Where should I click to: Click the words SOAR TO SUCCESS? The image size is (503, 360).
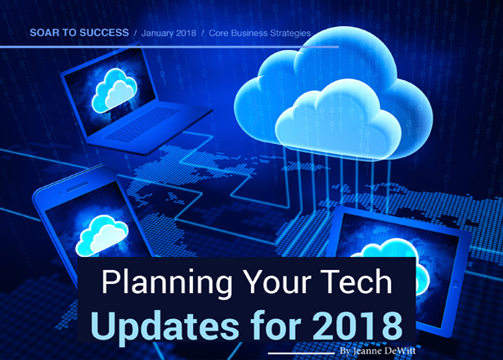(79, 33)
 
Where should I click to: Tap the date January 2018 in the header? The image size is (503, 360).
(168, 33)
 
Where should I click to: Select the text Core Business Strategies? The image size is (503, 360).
(260, 33)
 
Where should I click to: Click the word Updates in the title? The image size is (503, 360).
(165, 326)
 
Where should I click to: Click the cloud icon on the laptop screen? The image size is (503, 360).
(115, 91)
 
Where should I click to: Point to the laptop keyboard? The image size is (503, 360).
(141, 124)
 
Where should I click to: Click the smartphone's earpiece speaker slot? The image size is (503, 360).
(77, 187)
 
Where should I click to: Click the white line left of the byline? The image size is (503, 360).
(301, 353)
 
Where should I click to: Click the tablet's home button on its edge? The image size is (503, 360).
(456, 283)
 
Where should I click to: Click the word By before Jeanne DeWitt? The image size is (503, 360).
(345, 351)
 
